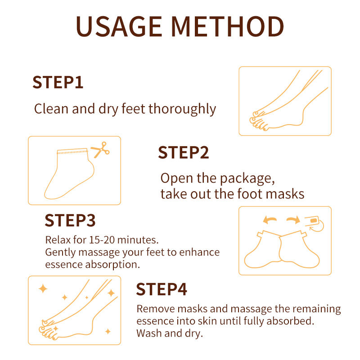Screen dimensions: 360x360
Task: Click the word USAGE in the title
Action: point(119,27)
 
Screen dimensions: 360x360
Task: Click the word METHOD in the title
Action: point(228,27)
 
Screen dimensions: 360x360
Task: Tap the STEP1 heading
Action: point(58,82)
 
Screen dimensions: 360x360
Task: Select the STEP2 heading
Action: point(184,153)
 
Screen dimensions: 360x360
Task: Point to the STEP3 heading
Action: point(70,220)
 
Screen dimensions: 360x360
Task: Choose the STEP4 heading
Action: point(162,289)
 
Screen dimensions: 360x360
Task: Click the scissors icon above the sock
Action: point(100,149)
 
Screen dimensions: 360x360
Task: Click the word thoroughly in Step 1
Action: point(182,109)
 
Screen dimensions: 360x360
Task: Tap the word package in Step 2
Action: point(247,179)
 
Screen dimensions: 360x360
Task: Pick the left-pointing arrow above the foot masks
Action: point(270,220)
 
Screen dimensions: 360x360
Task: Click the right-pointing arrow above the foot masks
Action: point(293,220)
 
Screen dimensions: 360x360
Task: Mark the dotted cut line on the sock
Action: point(72,152)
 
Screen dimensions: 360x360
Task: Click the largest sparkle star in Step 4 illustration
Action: point(43,288)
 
